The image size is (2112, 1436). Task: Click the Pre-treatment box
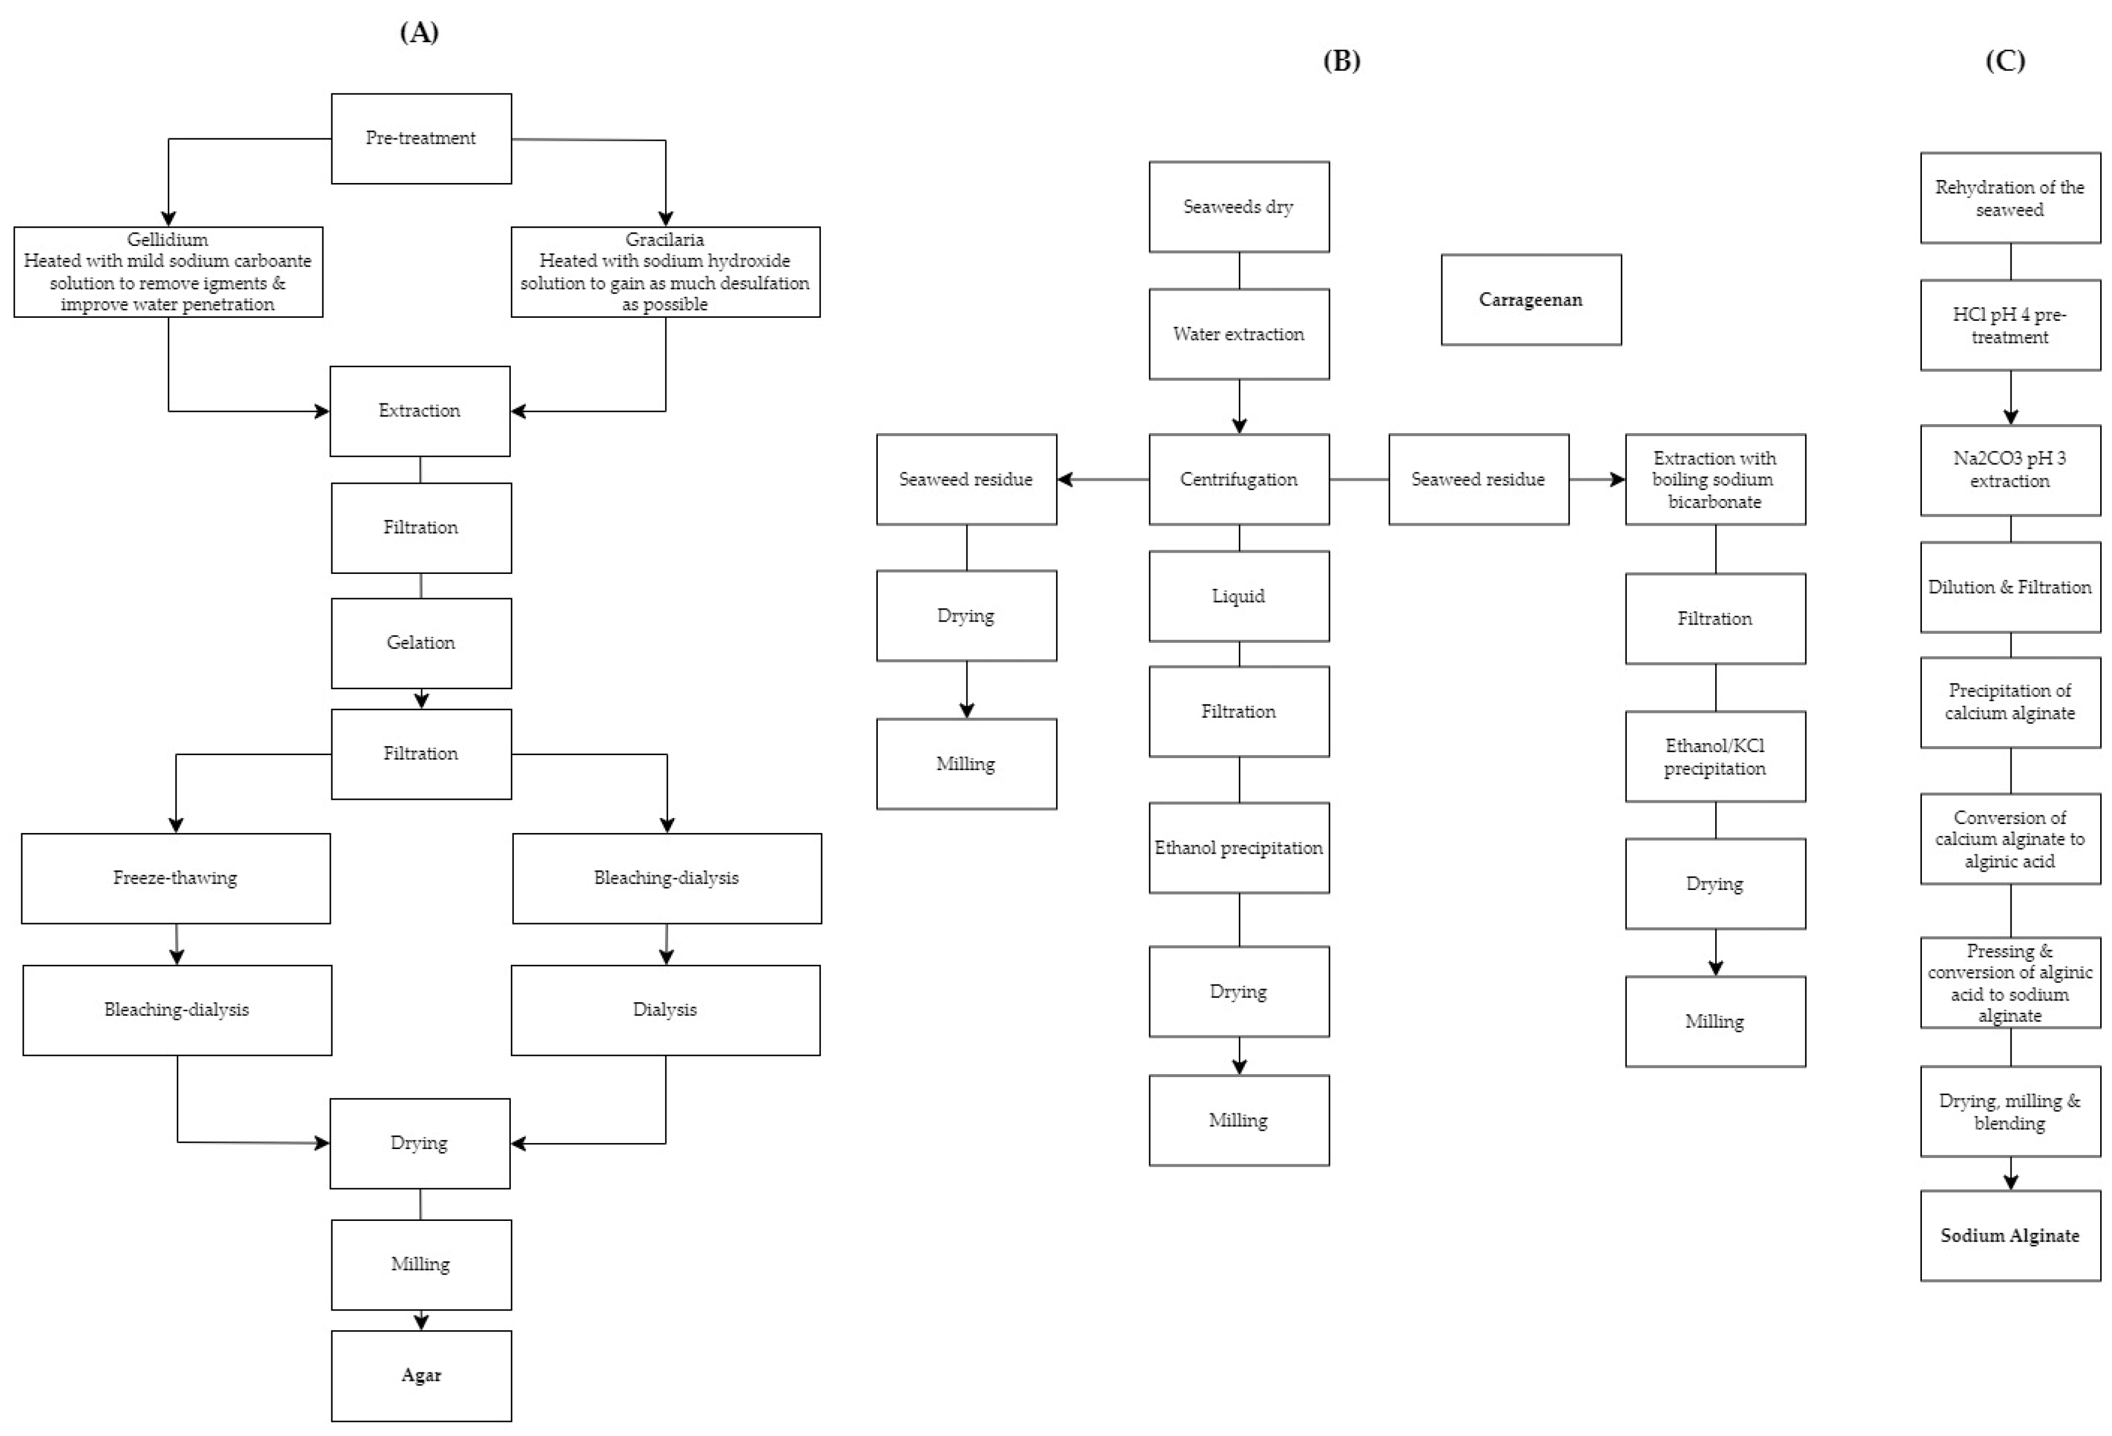click(420, 138)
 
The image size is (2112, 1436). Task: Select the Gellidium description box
click(168, 272)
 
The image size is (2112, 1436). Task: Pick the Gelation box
click(420, 643)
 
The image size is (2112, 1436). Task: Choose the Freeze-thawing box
click(175, 878)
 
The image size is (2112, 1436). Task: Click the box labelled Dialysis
click(665, 1010)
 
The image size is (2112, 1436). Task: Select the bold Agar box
click(420, 1375)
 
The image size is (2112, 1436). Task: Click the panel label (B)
click(1341, 60)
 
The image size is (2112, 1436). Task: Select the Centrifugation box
click(1239, 479)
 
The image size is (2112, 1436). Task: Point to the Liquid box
click(1239, 597)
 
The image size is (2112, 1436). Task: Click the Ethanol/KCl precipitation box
click(1715, 756)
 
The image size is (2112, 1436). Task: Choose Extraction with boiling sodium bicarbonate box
click(1715, 479)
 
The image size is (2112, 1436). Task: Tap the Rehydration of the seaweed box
click(2009, 197)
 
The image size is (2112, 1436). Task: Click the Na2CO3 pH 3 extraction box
click(2009, 470)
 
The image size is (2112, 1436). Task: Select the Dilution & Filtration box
click(2009, 587)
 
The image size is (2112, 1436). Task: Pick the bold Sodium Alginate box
click(2009, 1235)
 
